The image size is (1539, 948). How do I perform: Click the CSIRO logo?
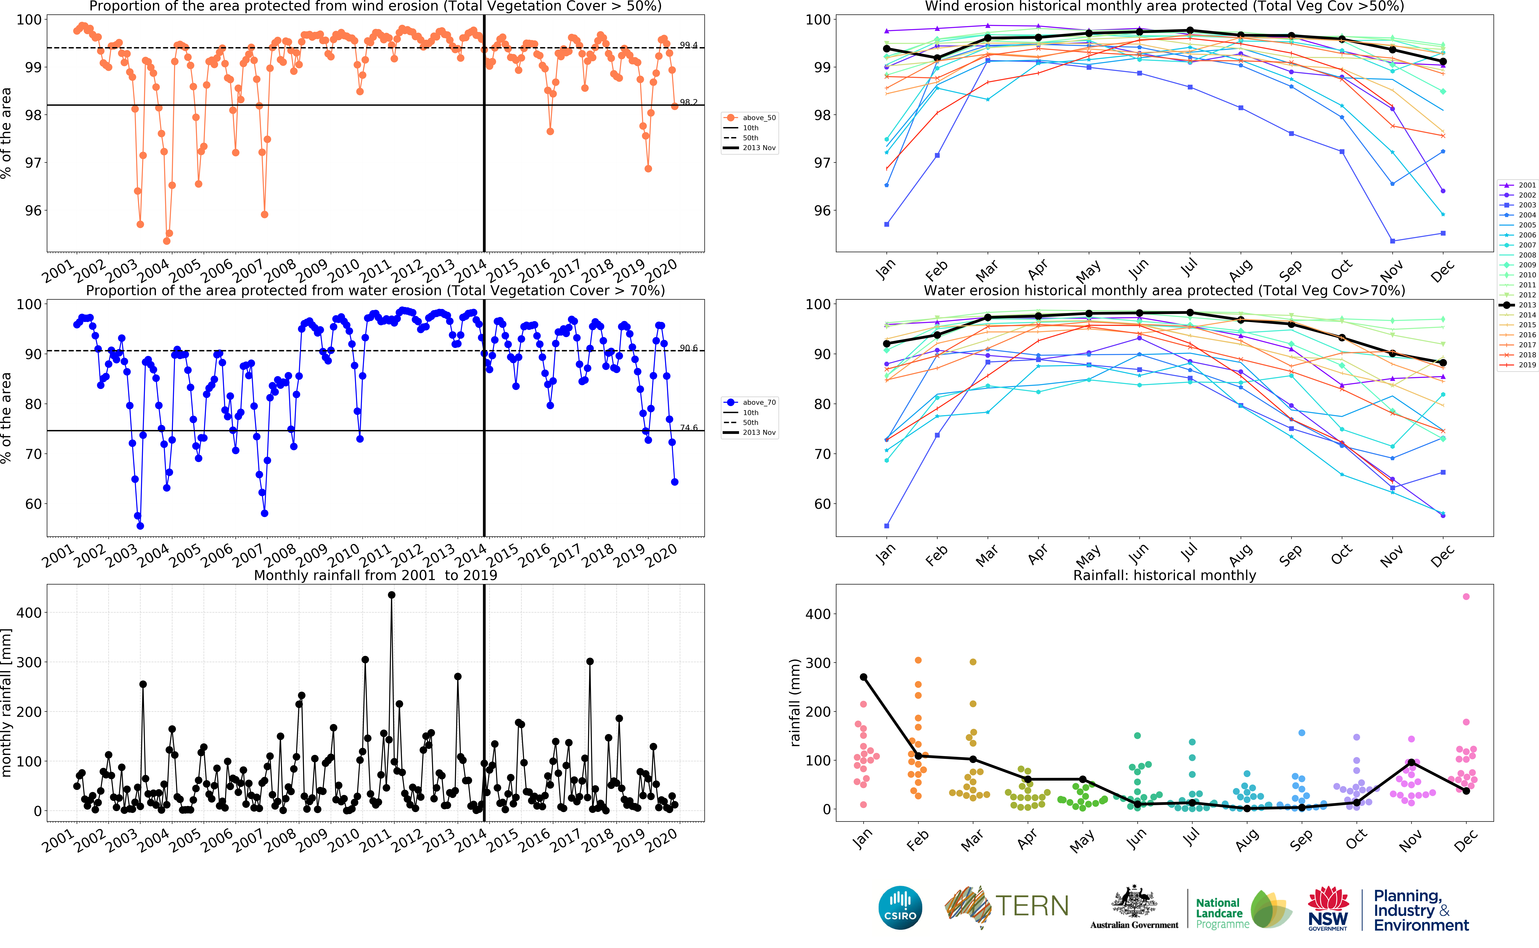(x=900, y=907)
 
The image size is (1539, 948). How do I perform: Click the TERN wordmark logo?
(x=1031, y=906)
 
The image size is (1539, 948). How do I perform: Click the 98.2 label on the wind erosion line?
(x=688, y=102)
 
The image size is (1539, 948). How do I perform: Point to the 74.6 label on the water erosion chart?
(x=688, y=428)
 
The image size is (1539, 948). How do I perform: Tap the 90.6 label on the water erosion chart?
(x=688, y=348)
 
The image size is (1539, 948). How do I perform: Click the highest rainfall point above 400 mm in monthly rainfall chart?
(x=392, y=595)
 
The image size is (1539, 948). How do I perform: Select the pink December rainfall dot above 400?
(x=1466, y=596)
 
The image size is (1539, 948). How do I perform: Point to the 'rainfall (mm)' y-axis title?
(x=795, y=702)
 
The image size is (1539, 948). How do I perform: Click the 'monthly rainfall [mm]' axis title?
(x=6, y=702)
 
